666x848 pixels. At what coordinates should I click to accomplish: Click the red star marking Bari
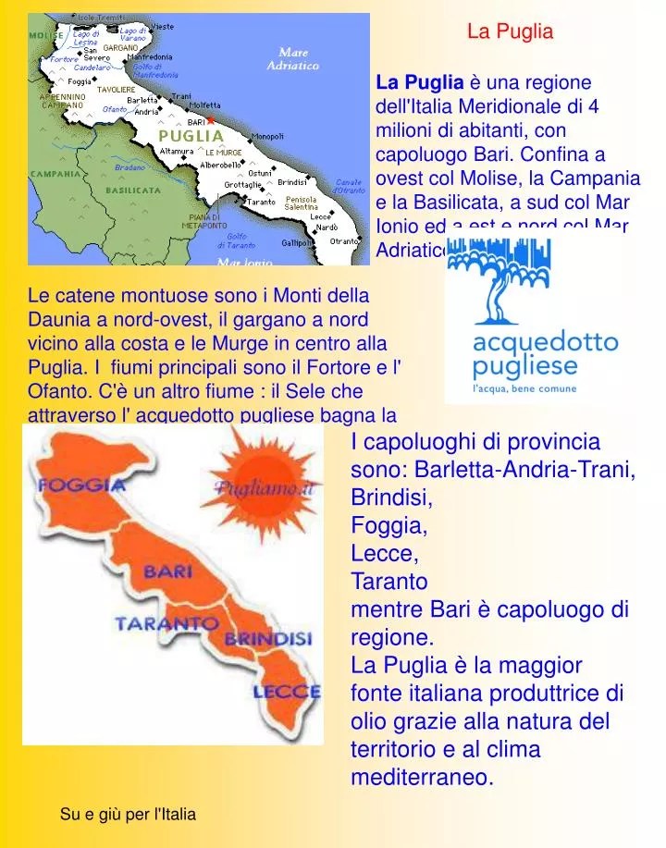210,120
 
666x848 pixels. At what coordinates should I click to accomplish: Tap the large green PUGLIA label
191,136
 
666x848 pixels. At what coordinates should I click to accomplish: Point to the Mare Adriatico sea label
292,60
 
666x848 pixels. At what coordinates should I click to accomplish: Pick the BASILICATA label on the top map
133,190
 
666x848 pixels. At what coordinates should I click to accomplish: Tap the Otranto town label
344,240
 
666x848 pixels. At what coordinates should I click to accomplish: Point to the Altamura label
177,151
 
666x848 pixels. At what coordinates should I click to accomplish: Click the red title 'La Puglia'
510,32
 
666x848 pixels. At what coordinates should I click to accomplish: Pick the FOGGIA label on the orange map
82,485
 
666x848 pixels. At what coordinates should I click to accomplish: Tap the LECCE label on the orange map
287,691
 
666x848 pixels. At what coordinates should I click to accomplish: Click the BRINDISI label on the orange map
268,639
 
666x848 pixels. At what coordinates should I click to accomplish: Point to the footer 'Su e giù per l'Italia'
128,815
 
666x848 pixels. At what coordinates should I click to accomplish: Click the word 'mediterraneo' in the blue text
422,778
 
